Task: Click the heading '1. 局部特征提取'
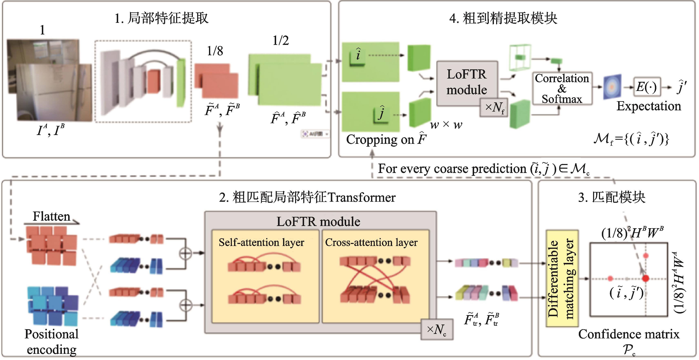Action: [161, 18]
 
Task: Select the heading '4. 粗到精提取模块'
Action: [503, 18]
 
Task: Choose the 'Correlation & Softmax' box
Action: [562, 89]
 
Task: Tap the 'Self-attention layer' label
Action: [261, 242]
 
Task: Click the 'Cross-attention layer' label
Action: [371, 242]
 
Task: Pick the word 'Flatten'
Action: [52, 216]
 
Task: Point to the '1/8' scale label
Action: [215, 51]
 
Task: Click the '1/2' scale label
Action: [281, 41]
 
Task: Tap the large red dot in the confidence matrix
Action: [646, 278]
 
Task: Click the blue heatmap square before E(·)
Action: [612, 87]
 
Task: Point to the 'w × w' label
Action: [446, 125]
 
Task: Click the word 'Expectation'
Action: [649, 106]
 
